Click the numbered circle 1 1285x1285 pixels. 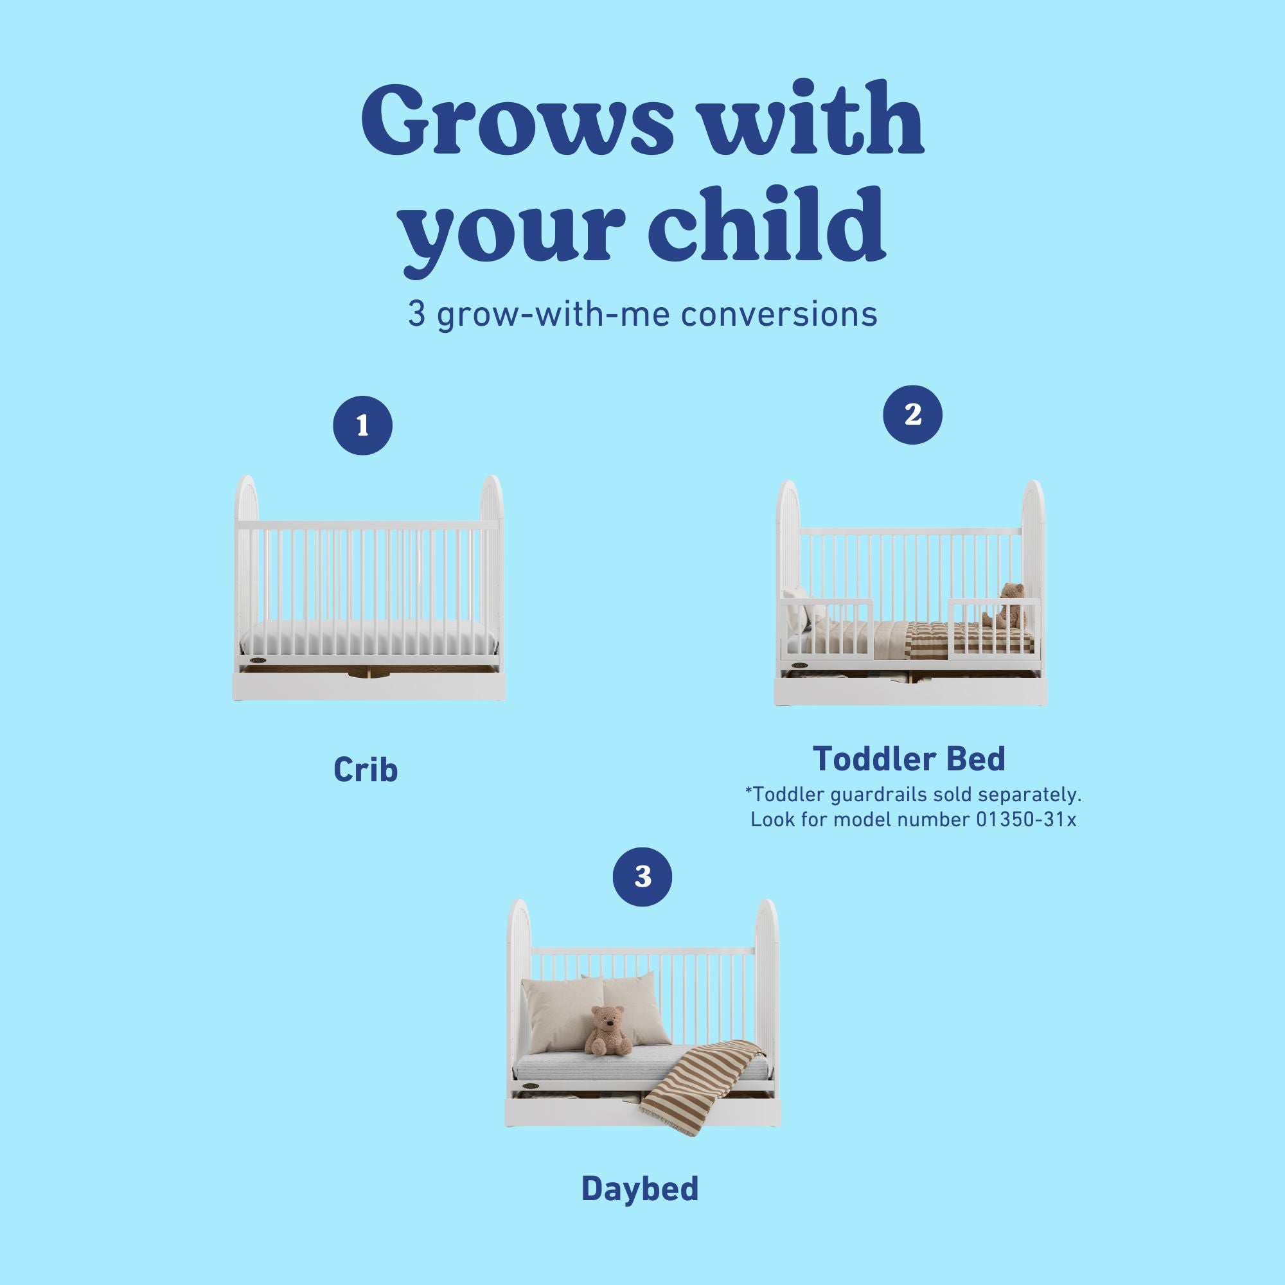362,426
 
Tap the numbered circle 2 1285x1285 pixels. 912,414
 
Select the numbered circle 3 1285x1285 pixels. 642,876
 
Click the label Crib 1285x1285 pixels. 365,770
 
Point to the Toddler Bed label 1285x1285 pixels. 908,758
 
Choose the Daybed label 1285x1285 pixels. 640,1189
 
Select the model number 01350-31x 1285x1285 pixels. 1025,819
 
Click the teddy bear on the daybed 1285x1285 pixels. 606,1031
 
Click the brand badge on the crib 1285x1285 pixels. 259,660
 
